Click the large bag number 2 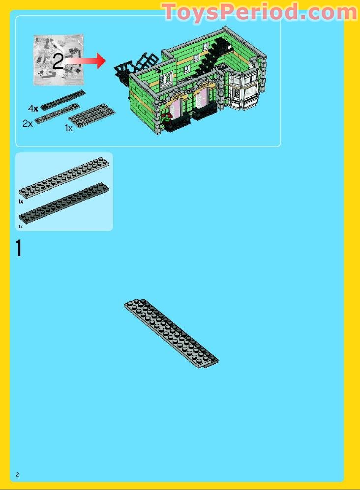(x=58, y=61)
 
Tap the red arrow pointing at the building (x=87, y=60)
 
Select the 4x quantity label (x=33, y=109)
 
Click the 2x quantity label (x=28, y=123)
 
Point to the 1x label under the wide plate (x=69, y=128)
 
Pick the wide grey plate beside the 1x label (x=91, y=115)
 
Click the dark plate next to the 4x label (x=62, y=100)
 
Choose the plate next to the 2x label (x=57, y=114)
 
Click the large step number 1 (x=19, y=248)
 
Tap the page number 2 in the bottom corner (x=17, y=474)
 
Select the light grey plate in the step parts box (x=64, y=177)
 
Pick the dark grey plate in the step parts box (x=64, y=203)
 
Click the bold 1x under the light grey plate (x=21, y=202)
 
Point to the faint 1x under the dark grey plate (x=21, y=227)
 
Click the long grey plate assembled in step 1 (x=171, y=333)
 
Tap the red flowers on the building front (x=167, y=116)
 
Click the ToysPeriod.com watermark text (x=260, y=12)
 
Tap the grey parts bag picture (x=59, y=59)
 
